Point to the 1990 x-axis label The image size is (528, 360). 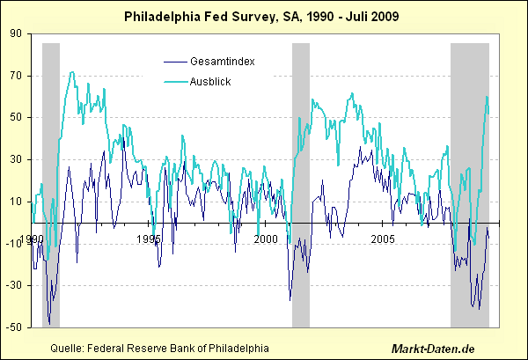point(31,239)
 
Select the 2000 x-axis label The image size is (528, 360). point(265,239)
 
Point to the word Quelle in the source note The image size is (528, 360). point(68,348)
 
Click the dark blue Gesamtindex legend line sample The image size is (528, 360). point(174,61)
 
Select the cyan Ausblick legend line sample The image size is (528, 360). point(174,82)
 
